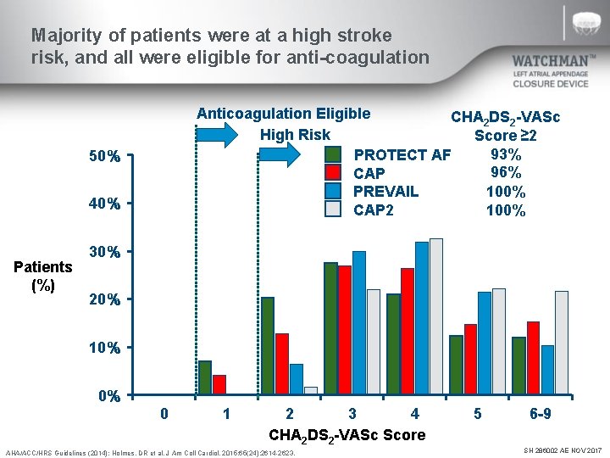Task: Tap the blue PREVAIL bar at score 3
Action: click(x=358, y=323)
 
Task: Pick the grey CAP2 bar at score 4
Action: click(x=435, y=316)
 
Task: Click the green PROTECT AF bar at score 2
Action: click(x=268, y=346)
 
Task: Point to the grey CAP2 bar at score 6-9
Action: click(x=561, y=343)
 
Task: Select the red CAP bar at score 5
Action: click(x=470, y=360)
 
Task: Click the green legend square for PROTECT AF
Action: click(x=334, y=154)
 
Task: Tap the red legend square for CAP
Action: click(x=334, y=173)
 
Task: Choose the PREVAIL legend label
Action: click(x=385, y=192)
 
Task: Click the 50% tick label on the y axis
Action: click(x=104, y=157)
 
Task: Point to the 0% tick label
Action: click(x=108, y=396)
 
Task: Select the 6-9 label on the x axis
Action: click(x=540, y=414)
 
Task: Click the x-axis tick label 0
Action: click(x=164, y=414)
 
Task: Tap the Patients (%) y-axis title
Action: click(x=43, y=276)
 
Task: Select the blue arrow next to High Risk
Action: click(x=277, y=154)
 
